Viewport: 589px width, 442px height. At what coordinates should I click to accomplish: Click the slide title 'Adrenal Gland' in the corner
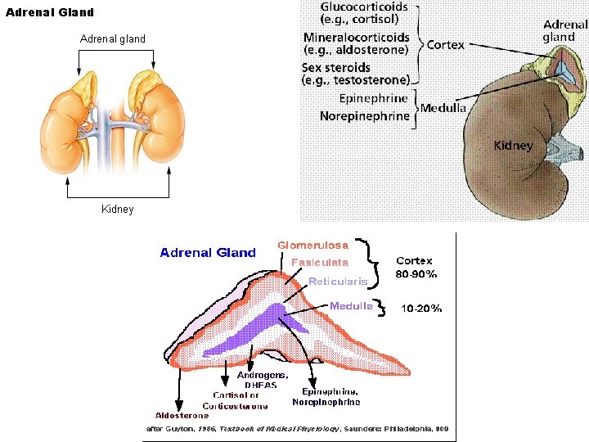[50, 12]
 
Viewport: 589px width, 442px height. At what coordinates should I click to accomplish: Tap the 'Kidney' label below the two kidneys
[117, 209]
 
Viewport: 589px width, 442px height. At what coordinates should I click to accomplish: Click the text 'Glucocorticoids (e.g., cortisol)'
[363, 13]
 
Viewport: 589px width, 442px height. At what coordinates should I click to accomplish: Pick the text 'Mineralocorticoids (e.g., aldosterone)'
[356, 43]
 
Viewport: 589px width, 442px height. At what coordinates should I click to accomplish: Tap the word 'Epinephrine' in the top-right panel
[373, 99]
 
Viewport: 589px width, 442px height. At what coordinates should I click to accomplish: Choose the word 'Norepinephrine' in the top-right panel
[364, 116]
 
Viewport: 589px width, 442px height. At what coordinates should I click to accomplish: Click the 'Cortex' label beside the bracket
[445, 45]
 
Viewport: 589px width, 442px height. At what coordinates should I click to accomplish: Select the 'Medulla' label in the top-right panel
[443, 108]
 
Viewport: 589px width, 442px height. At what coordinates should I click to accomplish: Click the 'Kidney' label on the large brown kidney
[513, 146]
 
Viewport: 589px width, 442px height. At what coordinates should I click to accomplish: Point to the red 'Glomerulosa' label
[312, 245]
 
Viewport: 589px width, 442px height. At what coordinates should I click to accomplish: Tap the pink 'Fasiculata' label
[320, 263]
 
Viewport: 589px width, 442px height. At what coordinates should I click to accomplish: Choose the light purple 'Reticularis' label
[338, 282]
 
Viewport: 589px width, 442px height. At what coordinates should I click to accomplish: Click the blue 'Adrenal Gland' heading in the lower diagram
[208, 253]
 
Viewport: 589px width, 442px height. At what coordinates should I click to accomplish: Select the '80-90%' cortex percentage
[416, 273]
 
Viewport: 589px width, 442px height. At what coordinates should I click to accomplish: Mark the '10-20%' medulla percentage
[421, 309]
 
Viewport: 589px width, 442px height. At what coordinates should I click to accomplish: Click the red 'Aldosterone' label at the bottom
[182, 415]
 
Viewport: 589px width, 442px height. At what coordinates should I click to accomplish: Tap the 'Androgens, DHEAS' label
[263, 380]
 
